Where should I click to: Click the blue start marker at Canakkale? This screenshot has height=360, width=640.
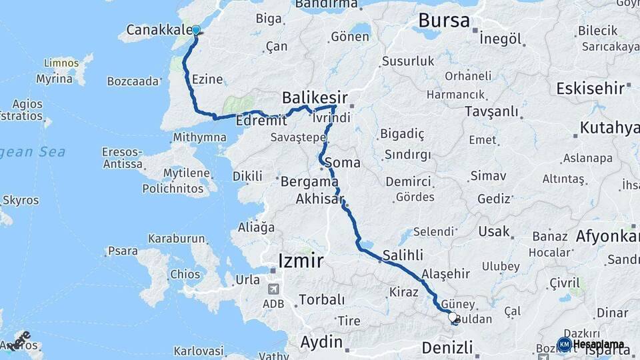[x=196, y=30]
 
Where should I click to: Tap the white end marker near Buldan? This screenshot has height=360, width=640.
[x=453, y=317]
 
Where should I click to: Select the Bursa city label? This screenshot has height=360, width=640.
[x=444, y=21]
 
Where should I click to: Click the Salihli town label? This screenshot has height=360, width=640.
[x=403, y=254]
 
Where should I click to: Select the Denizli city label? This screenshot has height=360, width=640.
[x=447, y=347]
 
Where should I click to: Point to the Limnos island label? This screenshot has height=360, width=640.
[x=61, y=63]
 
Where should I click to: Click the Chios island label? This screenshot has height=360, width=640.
[x=185, y=274]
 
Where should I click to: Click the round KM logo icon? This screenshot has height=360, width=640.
[x=564, y=344]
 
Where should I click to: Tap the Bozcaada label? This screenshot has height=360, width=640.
[x=133, y=81]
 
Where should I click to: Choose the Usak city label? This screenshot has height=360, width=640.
[x=494, y=232]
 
